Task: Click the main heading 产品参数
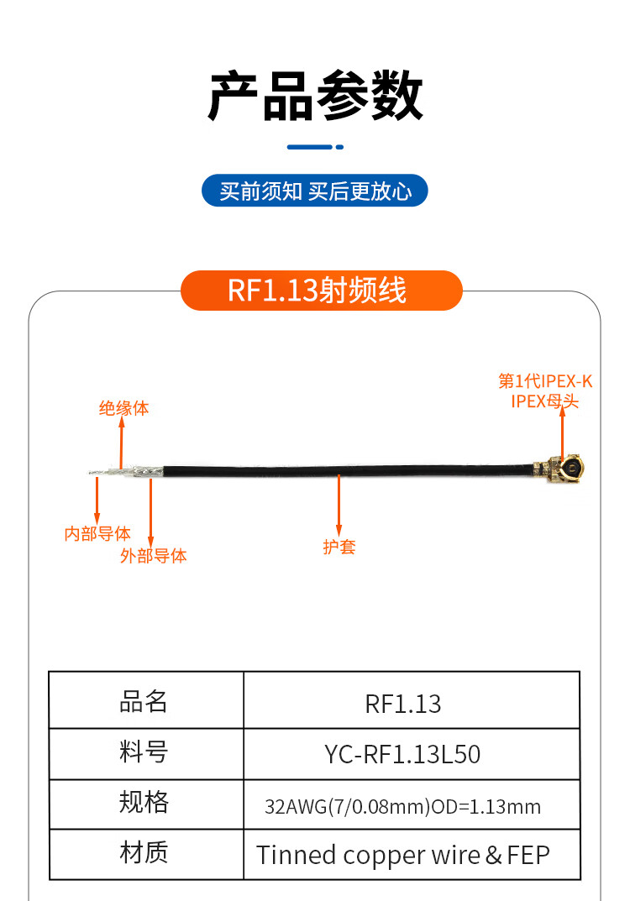[x=315, y=97]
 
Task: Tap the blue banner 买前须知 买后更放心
[x=315, y=191]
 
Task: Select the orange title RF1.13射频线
[x=318, y=291]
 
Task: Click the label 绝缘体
[x=123, y=409]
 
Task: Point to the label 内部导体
[x=97, y=533]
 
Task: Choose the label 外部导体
[x=154, y=555]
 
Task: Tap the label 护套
[x=339, y=547]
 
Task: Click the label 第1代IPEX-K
[x=545, y=381]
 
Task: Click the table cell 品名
[x=144, y=701]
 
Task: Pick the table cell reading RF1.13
[x=403, y=704]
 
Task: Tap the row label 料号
[x=144, y=752]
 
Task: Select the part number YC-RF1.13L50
[x=403, y=754]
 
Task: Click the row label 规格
[x=144, y=803]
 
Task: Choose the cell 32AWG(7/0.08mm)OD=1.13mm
[x=403, y=807]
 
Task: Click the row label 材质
[x=144, y=853]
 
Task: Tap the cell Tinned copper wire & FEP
[x=403, y=855]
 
